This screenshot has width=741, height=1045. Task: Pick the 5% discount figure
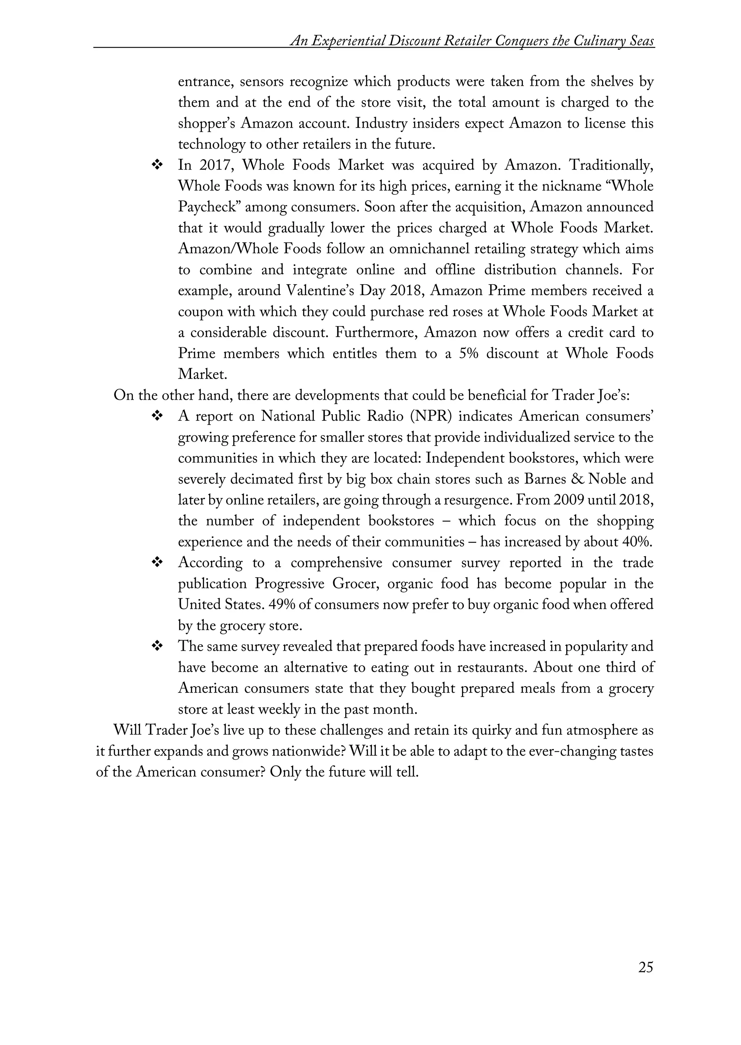(x=469, y=353)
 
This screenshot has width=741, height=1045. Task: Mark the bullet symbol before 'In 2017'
(x=157, y=166)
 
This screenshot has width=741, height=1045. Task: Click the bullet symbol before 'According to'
(x=157, y=563)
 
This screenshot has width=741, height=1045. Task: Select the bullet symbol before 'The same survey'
(x=157, y=647)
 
